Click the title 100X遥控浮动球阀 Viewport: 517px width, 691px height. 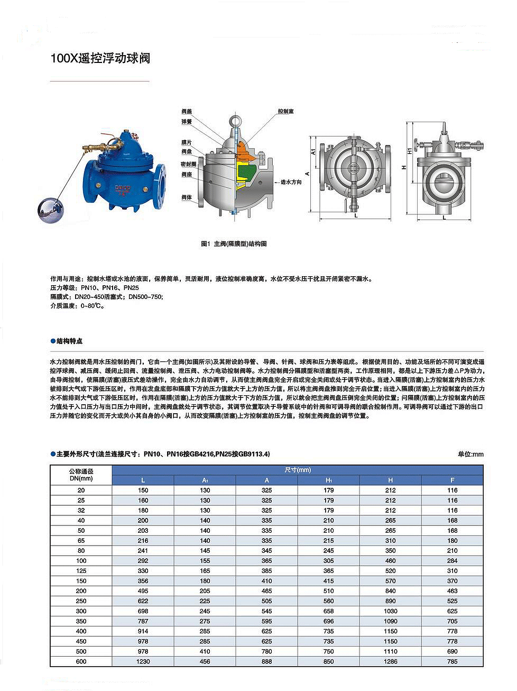[100, 58]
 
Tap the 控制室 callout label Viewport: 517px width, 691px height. [285, 112]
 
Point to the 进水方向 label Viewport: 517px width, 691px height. [291, 182]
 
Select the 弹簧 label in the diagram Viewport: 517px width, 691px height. [187, 122]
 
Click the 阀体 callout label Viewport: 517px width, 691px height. [187, 197]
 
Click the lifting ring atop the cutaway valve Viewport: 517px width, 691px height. [236, 119]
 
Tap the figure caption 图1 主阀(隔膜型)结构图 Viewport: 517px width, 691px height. [234, 244]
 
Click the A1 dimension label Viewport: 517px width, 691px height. [313, 151]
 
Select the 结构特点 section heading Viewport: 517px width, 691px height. [69, 341]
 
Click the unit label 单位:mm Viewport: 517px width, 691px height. [470, 454]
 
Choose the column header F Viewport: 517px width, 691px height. [452, 480]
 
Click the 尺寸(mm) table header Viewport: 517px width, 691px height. [298, 470]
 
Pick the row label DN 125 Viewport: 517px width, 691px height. [81, 571]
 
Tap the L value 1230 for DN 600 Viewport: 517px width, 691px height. [143, 661]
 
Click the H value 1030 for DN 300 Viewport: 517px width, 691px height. [390, 611]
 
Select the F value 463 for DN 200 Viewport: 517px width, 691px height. [452, 591]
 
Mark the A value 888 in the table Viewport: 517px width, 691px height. [266, 661]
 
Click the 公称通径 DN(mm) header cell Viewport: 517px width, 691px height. [81, 475]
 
